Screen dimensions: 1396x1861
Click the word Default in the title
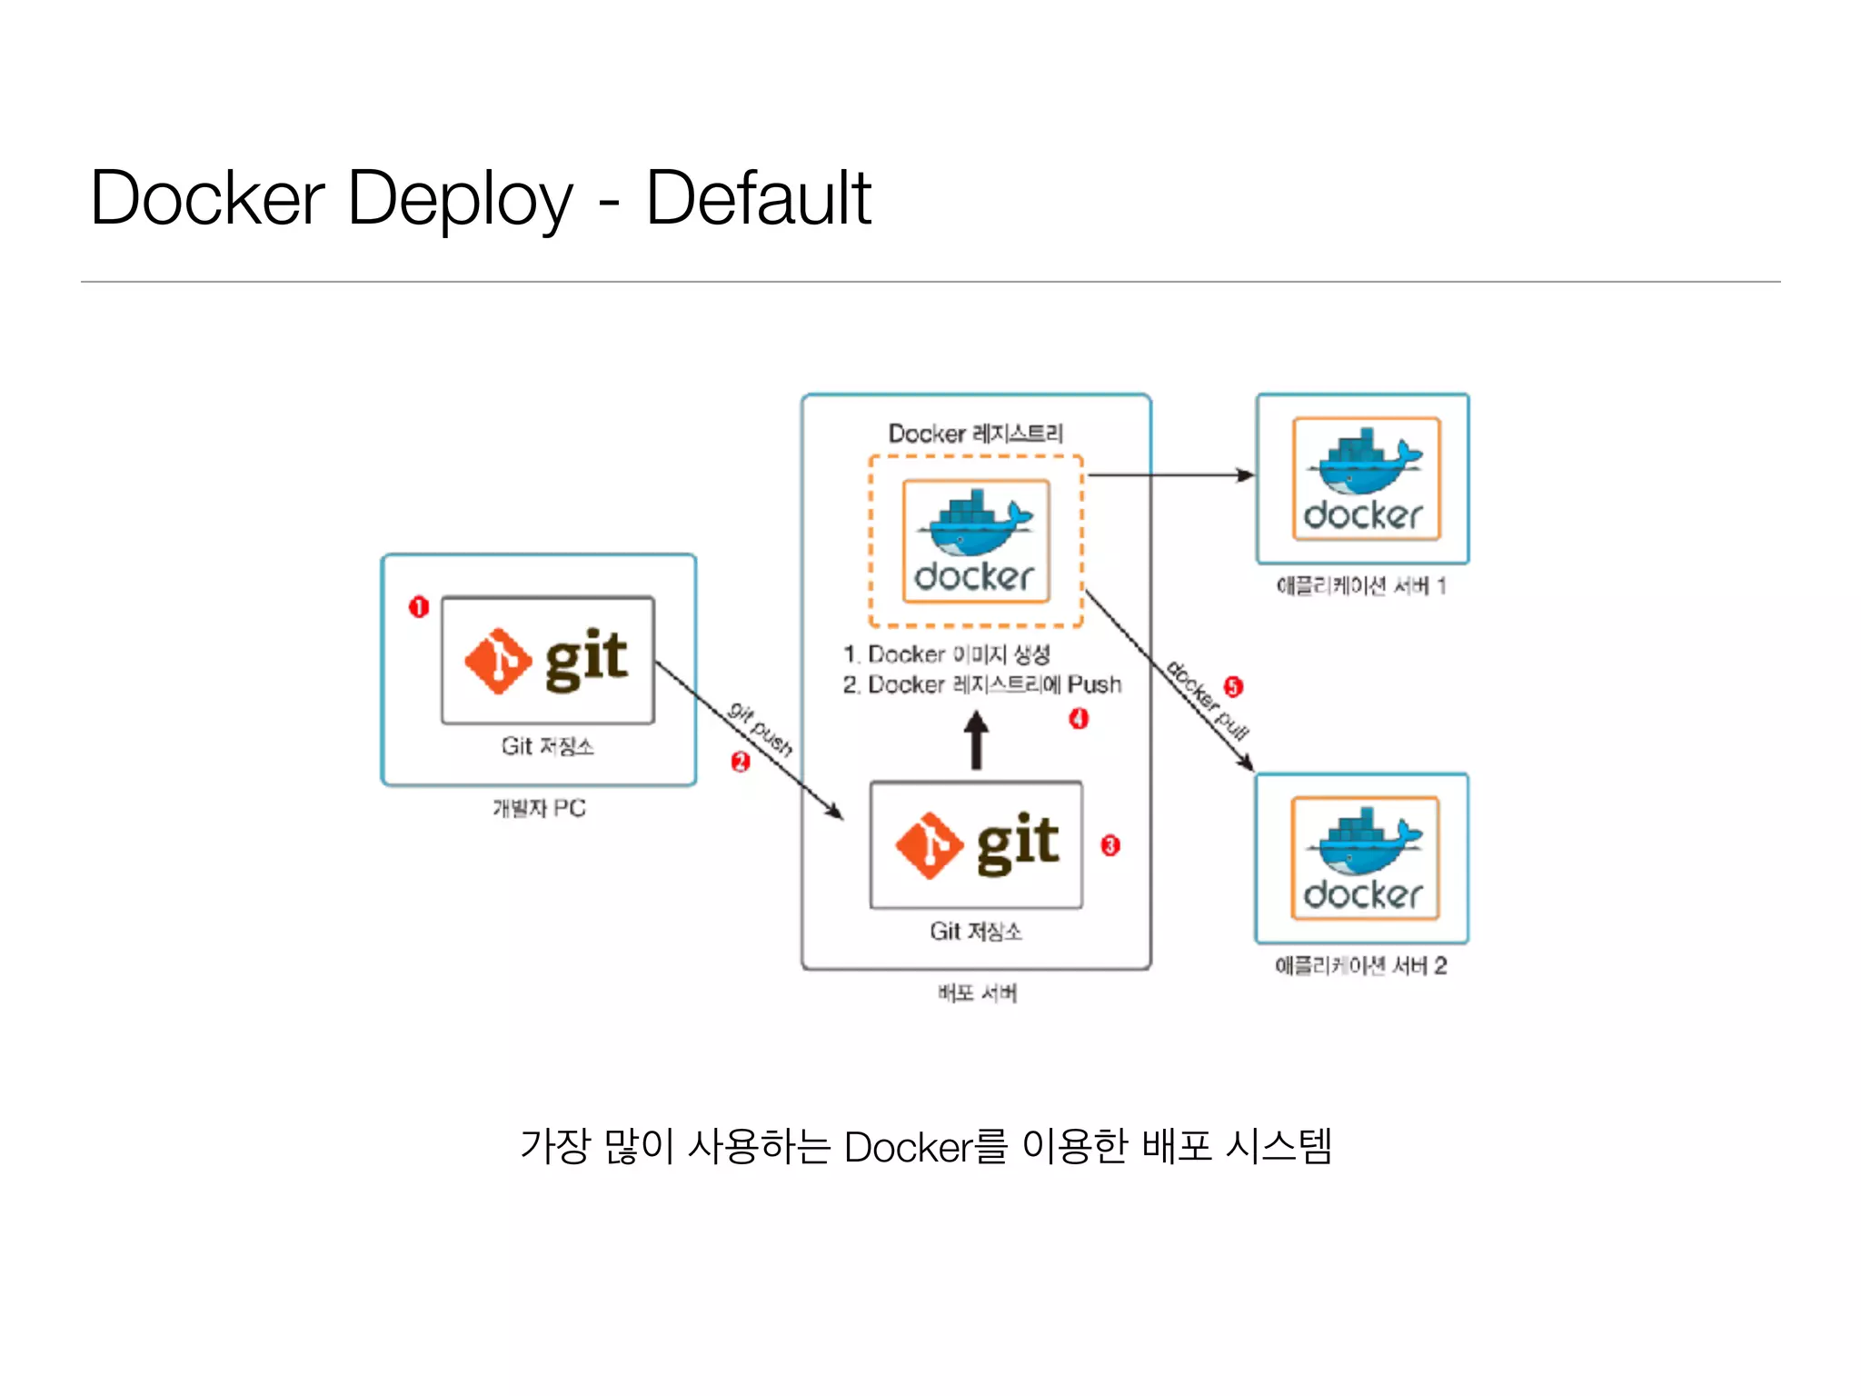pyautogui.click(x=758, y=198)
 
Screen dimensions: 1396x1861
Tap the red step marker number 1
pyautogui.click(x=418, y=606)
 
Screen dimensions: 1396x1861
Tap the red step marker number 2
pyautogui.click(x=741, y=762)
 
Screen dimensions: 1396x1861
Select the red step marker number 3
pyautogui.click(x=1110, y=845)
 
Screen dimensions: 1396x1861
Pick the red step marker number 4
pyautogui.click(x=1078, y=719)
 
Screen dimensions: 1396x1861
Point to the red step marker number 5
pyautogui.click(x=1232, y=686)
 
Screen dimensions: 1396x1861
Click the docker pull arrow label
pyautogui.click(x=1207, y=700)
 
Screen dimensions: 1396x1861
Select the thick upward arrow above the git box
pyautogui.click(x=976, y=740)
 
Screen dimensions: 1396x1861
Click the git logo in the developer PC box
pyautogui.click(x=547, y=660)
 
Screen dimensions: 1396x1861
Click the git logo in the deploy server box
pyautogui.click(x=976, y=844)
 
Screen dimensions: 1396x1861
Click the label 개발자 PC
pyautogui.click(x=539, y=808)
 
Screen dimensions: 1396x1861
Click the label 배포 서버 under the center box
pyautogui.click(x=977, y=993)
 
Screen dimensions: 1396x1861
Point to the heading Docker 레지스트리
pyautogui.click(x=975, y=434)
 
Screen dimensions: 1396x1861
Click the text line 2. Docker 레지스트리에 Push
pyautogui.click(x=981, y=684)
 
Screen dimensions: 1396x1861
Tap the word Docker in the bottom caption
pyautogui.click(x=908, y=1147)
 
